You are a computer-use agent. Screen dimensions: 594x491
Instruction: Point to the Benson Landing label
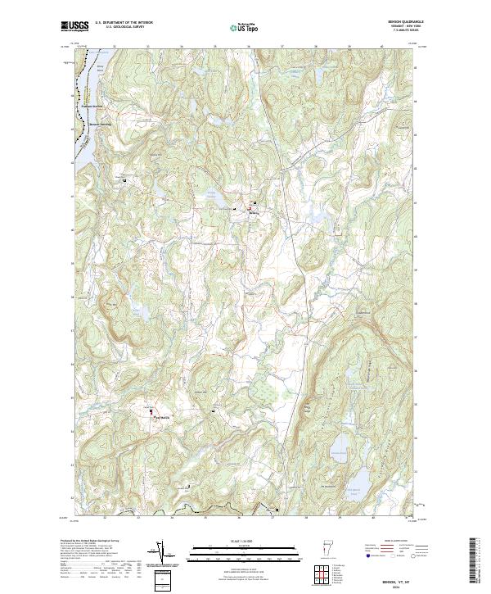[x=98, y=124]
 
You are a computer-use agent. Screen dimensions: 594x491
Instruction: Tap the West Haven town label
[x=162, y=418]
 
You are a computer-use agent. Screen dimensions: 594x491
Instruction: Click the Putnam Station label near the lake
[x=94, y=106]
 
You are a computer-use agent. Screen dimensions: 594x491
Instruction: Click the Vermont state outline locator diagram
[x=328, y=549]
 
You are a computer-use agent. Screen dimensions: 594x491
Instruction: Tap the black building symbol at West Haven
[x=150, y=410]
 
